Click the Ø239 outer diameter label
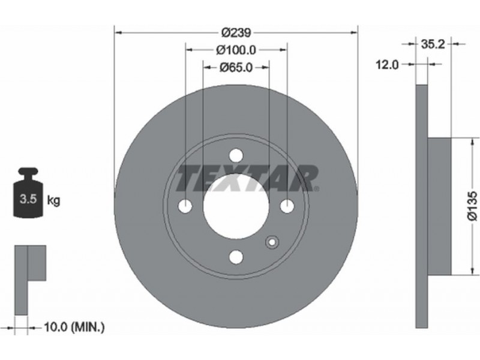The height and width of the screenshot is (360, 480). [x=236, y=32]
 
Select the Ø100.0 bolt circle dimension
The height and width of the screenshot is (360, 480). [x=236, y=50]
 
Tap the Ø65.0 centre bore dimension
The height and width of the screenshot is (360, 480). [x=236, y=67]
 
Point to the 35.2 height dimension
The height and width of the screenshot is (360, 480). [x=433, y=44]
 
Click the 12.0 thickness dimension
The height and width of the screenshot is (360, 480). [x=387, y=65]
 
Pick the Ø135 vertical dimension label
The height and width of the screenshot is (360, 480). [x=472, y=206]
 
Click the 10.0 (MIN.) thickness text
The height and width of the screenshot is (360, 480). [x=74, y=328]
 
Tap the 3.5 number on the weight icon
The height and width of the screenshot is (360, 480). [x=28, y=199]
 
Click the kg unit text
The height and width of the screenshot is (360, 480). [x=53, y=200]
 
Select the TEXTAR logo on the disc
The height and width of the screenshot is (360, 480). [x=247, y=178]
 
